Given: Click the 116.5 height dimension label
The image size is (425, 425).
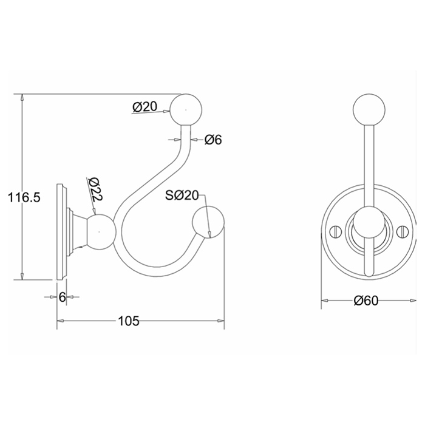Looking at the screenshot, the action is click(24, 197).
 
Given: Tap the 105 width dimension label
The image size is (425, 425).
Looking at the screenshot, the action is click(129, 321).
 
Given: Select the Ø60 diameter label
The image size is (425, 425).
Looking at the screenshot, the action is click(366, 301).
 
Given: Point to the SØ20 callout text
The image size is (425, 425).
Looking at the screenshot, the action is click(182, 195).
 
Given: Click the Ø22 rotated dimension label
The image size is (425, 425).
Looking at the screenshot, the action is click(95, 189).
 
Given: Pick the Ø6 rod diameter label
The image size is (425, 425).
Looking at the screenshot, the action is click(213, 140).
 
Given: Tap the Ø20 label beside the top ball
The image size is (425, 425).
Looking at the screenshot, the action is click(144, 106).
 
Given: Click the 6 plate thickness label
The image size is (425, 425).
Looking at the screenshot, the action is click(63, 297).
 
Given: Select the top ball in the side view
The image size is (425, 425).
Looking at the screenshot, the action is click(186, 110).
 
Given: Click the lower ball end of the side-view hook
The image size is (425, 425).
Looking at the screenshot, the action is click(208, 222).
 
